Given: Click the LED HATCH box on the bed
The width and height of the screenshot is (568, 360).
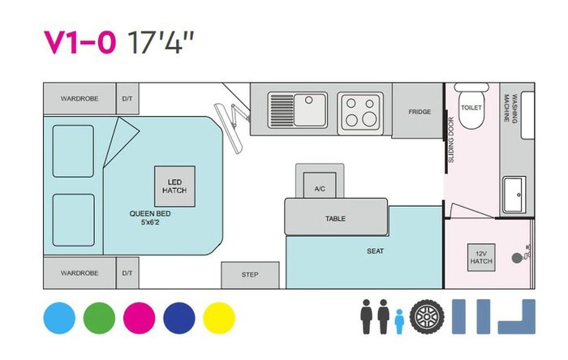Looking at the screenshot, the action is (x=175, y=186).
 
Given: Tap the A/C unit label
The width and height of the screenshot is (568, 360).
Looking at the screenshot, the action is (x=320, y=189).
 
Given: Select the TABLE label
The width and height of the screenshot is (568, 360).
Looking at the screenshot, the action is (x=335, y=219).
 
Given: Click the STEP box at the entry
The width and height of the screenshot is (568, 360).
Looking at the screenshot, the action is (x=250, y=275).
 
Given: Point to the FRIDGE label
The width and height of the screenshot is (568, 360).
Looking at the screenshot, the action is (x=420, y=112).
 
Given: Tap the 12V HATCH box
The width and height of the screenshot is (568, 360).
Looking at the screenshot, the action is (x=481, y=257).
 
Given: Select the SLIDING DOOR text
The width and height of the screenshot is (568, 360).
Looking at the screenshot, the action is (x=451, y=139).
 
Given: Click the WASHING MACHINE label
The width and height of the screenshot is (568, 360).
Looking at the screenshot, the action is (x=510, y=108).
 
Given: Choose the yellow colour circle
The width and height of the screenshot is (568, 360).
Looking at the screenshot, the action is (x=219, y=318).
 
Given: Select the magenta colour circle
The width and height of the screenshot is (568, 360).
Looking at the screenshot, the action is (x=139, y=318).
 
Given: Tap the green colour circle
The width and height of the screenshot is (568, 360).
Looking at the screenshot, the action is (x=99, y=318).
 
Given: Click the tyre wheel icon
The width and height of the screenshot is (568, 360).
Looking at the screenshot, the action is (x=427, y=316).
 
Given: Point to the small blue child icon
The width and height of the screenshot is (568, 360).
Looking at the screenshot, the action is (x=399, y=321).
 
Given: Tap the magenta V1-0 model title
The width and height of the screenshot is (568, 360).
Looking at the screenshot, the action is (x=80, y=42).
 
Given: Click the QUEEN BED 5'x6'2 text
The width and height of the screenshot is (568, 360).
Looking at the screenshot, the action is (x=150, y=218).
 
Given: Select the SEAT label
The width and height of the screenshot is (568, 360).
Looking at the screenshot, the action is (x=375, y=251).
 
